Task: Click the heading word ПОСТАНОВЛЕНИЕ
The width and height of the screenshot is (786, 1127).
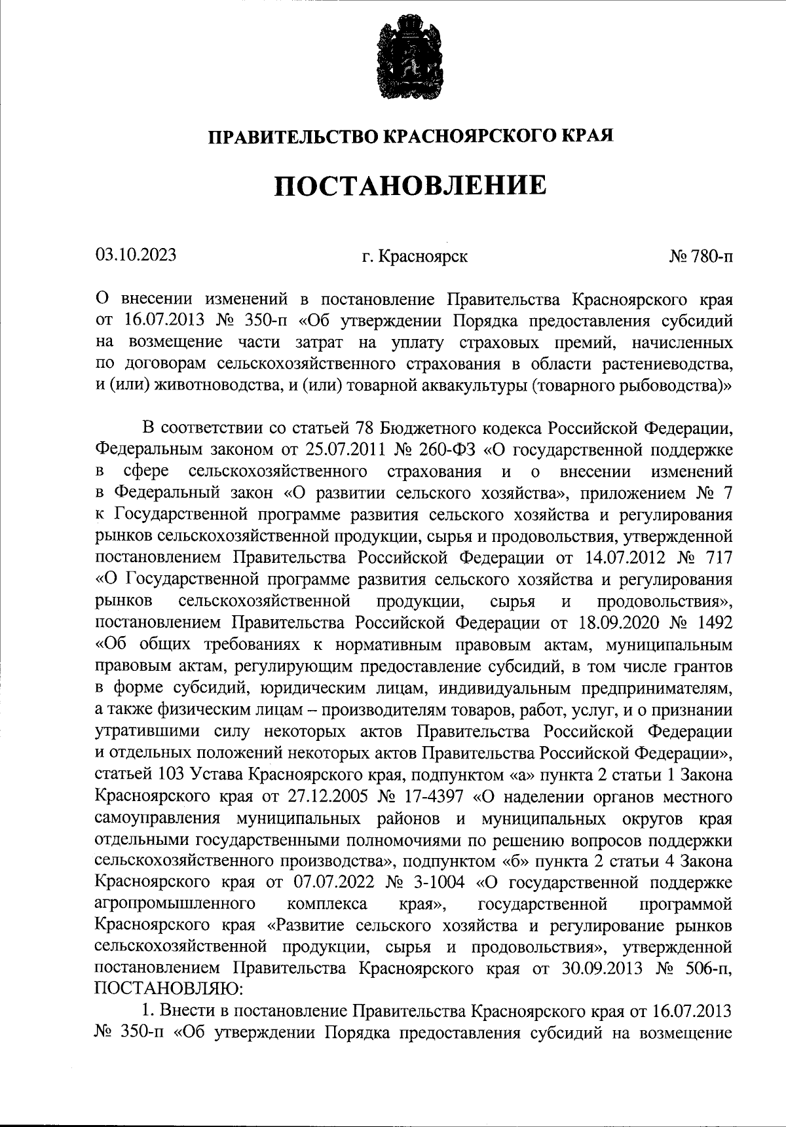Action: pyautogui.click(x=409, y=185)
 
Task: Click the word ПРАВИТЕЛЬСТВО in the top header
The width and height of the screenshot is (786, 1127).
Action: pyautogui.click(x=293, y=136)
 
